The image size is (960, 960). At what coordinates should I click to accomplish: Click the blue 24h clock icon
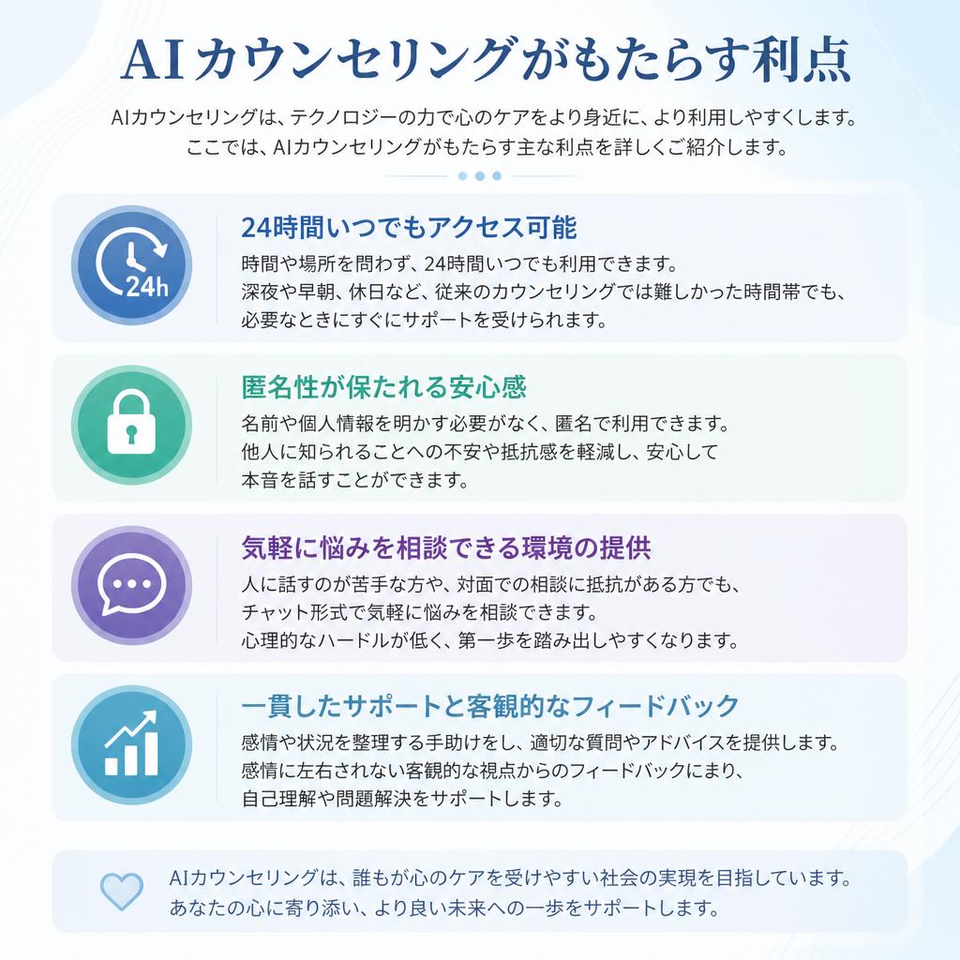click(131, 265)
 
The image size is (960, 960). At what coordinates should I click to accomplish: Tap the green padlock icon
click(131, 425)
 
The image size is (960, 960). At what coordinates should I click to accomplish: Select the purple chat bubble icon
click(131, 585)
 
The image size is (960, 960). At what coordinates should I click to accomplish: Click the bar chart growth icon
click(131, 744)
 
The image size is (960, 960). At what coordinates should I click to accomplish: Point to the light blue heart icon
click(121, 892)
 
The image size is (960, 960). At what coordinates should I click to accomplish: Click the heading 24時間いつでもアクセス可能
click(409, 228)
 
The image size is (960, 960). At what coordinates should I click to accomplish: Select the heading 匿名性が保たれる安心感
click(383, 387)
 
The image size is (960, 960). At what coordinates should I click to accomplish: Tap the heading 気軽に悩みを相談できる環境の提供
click(446, 547)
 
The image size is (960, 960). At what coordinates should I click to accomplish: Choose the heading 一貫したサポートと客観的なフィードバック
click(490, 706)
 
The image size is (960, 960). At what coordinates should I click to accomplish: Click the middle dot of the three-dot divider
click(480, 176)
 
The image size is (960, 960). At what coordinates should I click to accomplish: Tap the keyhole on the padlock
click(131, 433)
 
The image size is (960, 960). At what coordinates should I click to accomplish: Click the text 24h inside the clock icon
click(147, 286)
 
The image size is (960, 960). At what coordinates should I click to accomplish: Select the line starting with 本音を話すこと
click(355, 480)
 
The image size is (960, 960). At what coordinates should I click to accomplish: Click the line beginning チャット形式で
click(419, 612)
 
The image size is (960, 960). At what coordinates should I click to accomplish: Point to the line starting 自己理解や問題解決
click(401, 799)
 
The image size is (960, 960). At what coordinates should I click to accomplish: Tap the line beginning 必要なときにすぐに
click(424, 320)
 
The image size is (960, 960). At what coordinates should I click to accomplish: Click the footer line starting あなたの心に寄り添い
click(444, 907)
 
